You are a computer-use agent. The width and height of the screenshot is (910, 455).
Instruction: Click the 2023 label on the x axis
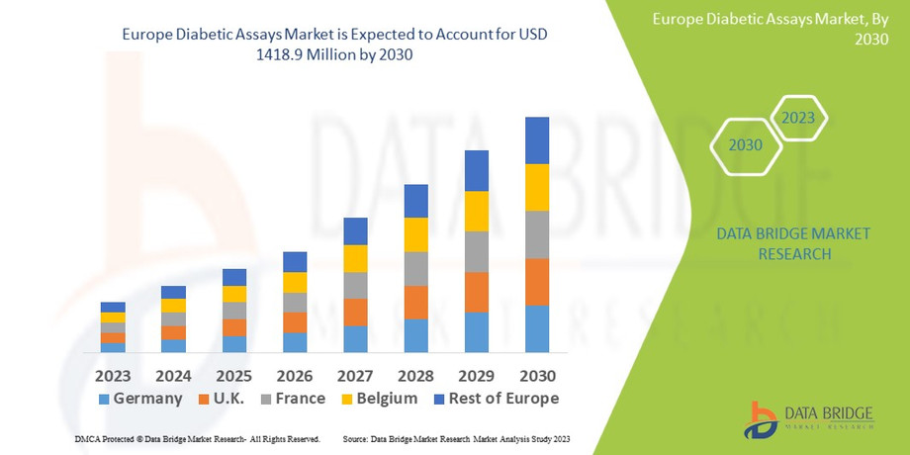point(113,376)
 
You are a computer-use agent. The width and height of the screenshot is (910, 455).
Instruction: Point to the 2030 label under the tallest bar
point(537,376)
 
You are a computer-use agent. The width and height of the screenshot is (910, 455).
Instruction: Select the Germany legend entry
point(138,399)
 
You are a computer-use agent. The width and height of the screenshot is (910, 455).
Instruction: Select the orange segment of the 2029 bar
point(477,292)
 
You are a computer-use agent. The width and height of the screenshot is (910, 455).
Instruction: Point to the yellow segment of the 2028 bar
point(416,234)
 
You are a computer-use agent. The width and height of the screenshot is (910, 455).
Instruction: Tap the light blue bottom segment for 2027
point(356,338)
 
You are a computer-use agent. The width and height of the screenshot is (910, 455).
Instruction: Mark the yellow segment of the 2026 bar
point(295,282)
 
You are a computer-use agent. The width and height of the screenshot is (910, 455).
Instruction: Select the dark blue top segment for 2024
point(173,292)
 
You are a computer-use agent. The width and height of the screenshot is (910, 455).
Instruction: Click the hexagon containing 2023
point(797,118)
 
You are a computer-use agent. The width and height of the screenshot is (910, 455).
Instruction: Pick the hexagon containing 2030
point(746,144)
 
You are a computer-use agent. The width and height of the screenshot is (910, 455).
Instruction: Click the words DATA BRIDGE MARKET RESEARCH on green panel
point(794,243)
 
